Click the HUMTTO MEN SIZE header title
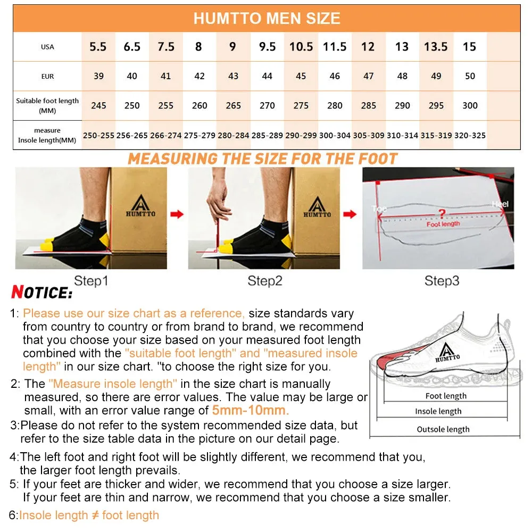(x=267, y=19)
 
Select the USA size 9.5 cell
(x=267, y=47)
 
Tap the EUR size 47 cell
(x=368, y=76)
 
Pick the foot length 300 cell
(x=470, y=105)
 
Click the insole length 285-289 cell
(x=267, y=136)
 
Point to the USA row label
(x=47, y=47)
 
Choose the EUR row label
(x=47, y=76)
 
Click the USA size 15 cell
(x=469, y=47)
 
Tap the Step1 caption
(x=90, y=280)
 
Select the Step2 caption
(x=264, y=280)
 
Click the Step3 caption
(x=442, y=280)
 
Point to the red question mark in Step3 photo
(x=441, y=214)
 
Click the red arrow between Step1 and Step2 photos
(x=177, y=214)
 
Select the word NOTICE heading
(x=41, y=293)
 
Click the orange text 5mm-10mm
(x=250, y=410)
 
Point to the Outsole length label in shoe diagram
(x=443, y=429)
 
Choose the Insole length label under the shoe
(x=438, y=411)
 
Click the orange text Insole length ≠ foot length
(x=89, y=515)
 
